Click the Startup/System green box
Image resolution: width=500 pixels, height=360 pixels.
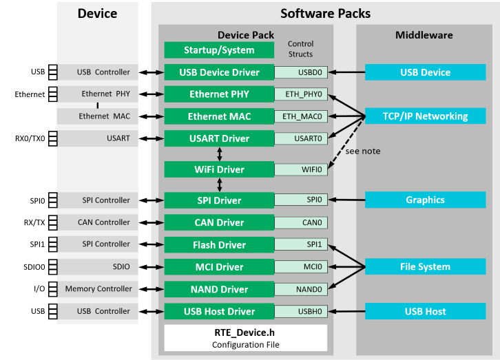(219, 50)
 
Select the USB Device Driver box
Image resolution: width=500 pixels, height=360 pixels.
(219, 72)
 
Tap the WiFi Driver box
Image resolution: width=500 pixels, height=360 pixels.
(219, 169)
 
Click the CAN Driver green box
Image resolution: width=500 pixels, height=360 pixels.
(219, 222)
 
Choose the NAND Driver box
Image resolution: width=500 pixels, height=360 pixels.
(219, 289)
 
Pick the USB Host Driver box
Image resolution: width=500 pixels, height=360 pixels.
(219, 311)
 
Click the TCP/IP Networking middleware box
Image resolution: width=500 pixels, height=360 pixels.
(425, 116)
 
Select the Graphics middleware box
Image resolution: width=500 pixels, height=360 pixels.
(425, 200)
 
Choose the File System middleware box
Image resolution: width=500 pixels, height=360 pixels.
(425, 267)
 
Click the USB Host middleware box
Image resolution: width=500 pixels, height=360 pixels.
(425, 311)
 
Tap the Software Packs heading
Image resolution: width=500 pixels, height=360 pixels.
(325, 14)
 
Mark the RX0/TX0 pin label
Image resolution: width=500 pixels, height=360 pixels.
(29, 138)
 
